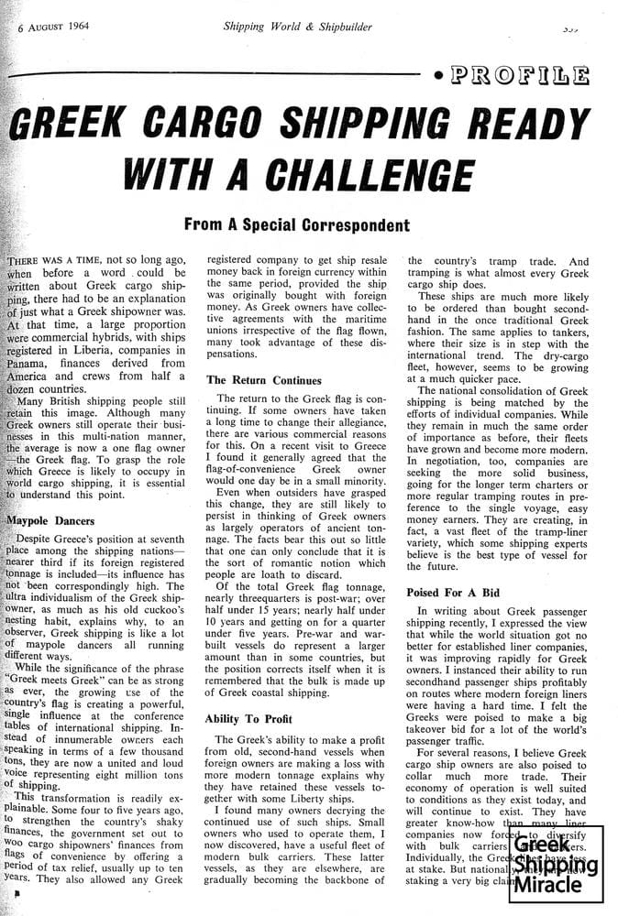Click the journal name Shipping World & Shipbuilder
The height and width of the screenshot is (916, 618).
(298, 27)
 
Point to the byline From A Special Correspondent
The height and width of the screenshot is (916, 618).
(296, 224)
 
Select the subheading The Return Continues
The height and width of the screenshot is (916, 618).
(264, 379)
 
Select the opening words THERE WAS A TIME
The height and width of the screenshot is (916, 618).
(55, 260)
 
